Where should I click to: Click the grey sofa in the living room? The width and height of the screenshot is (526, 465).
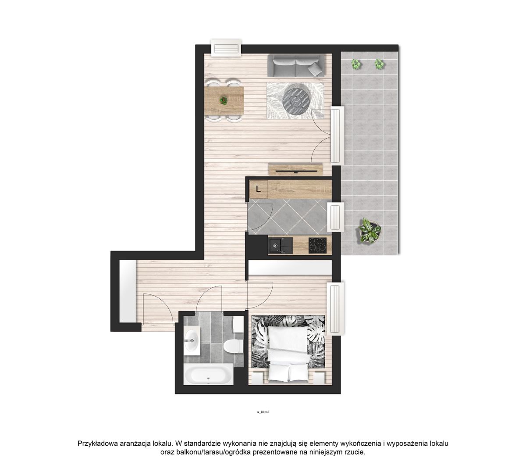296,65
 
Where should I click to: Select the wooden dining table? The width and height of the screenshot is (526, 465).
224,100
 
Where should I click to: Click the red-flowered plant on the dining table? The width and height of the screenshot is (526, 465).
223,100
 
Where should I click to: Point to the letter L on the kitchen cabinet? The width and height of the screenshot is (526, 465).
258,189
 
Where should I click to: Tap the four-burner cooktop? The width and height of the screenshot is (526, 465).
317,245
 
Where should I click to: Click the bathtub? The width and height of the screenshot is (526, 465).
209,375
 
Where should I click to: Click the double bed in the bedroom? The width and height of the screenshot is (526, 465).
288,354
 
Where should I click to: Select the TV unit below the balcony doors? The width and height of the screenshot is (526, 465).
296,169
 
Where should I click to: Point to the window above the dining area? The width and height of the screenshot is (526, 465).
226,48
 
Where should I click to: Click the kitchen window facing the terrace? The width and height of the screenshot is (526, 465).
335,217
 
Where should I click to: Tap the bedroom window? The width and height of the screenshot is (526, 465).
335,309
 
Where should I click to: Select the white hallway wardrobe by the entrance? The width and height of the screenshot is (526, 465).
128,291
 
